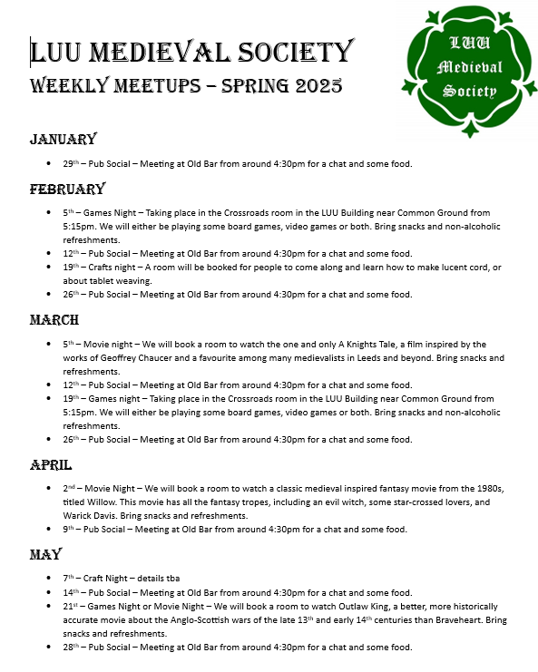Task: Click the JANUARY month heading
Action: tap(63, 139)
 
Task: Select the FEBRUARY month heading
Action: tap(67, 189)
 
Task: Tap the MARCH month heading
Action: tap(54, 320)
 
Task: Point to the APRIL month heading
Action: tap(51, 463)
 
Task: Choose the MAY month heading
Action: tap(45, 553)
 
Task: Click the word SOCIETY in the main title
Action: tap(294, 52)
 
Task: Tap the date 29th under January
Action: tap(71, 164)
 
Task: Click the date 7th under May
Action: tap(69, 578)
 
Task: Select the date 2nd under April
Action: tap(70, 488)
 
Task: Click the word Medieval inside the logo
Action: tap(468, 68)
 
